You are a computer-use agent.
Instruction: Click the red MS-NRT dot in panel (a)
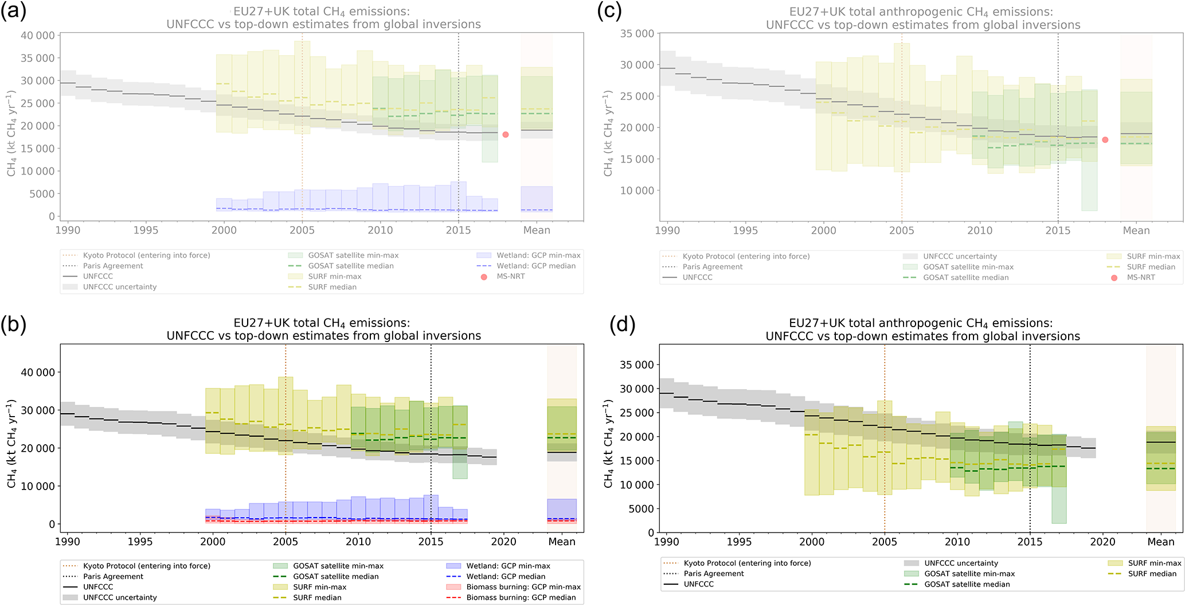[505, 135]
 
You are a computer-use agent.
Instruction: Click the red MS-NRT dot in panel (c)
[1105, 140]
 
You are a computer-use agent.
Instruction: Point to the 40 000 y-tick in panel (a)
[38, 36]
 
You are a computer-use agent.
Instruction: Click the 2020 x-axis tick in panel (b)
[503, 542]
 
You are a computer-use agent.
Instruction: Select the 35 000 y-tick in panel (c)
[637, 34]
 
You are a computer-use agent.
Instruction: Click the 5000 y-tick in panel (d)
[640, 509]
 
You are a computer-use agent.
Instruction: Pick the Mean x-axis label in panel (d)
[1160, 542]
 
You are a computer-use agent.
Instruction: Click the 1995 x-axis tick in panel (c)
[745, 231]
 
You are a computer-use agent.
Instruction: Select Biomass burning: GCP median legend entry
[521, 597]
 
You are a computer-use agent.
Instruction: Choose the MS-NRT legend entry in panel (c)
[1141, 278]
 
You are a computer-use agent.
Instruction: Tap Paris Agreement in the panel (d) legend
[713, 573]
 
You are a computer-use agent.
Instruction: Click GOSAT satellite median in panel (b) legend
[335, 576]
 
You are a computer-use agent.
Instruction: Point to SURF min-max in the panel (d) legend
[1154, 563]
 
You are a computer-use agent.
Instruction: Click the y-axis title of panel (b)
[12, 444]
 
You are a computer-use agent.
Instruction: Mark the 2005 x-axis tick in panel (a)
[302, 231]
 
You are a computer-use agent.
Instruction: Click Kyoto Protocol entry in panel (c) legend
[746, 257]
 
